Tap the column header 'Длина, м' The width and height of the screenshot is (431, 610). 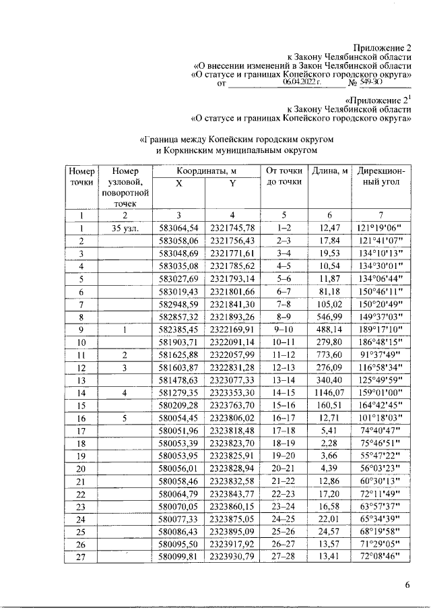(x=329, y=171)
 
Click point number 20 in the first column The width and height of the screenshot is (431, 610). (x=81, y=470)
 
